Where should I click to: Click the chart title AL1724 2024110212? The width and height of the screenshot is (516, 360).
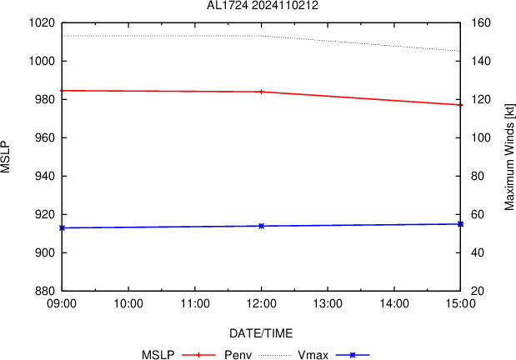coord(262,6)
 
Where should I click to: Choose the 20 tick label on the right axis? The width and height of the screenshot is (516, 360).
coord(476,291)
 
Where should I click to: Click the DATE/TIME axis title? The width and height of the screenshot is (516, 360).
coord(261,333)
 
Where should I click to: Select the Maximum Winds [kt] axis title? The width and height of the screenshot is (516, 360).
coord(508,157)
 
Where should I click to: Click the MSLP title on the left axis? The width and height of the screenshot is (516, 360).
coord(7,157)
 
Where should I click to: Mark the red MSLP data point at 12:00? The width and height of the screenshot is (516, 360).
coord(261,92)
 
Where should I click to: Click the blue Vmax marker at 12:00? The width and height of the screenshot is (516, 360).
coord(261,226)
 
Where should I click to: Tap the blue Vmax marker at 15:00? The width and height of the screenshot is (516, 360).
coord(460,224)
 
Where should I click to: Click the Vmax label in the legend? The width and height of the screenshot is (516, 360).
coord(313,355)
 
